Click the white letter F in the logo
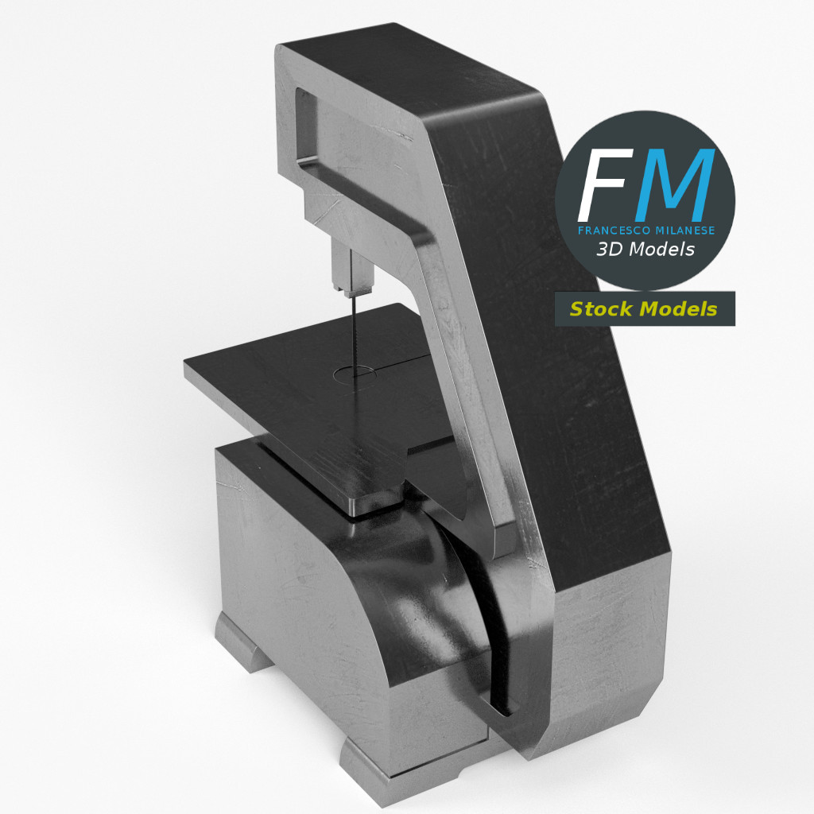pyautogui.click(x=605, y=184)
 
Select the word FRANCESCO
pyautogui.click(x=608, y=230)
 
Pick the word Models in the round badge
pyautogui.click(x=661, y=250)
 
